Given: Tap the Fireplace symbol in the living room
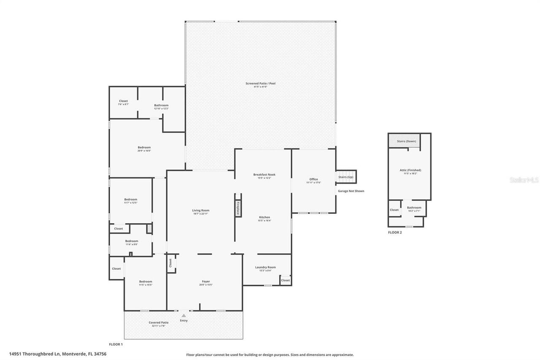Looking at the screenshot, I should (x=238, y=208).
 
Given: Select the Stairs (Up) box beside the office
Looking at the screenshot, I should (x=346, y=177).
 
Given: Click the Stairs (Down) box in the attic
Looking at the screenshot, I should (x=406, y=141).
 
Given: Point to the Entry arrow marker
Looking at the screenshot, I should (x=184, y=316).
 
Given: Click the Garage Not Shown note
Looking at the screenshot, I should (x=351, y=191).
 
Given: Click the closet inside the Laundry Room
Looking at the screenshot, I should (x=286, y=280).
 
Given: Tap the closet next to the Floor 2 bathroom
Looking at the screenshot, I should (x=394, y=210).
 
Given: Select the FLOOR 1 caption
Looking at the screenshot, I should (x=116, y=344).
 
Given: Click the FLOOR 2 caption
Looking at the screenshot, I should (x=395, y=233).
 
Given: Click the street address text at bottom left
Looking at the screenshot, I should (x=58, y=354).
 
